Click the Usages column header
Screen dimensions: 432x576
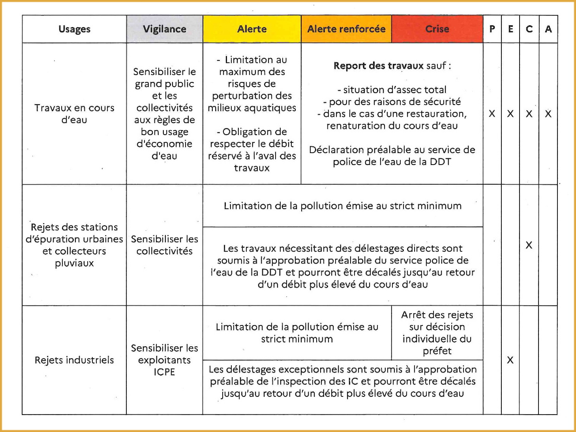74,29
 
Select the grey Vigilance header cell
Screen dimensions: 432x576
165,29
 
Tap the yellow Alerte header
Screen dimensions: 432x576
252,29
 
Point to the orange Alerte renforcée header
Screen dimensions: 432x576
346,29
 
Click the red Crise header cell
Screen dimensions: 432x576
437,29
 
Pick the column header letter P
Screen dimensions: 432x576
492,29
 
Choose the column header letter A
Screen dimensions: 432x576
548,29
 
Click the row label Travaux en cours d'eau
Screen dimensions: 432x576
74,114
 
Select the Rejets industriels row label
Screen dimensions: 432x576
74,360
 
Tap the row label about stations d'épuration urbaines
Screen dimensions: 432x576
74,245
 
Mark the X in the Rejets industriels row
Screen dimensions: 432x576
510,360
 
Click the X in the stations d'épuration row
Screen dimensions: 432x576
529,245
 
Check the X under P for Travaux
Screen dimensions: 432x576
492,114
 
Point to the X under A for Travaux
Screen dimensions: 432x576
548,114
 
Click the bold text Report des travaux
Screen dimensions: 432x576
378,65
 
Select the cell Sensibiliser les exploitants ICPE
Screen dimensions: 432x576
164,360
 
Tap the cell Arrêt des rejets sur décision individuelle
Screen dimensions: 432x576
437,333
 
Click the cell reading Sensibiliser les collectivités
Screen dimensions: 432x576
164,245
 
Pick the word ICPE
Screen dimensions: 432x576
164,372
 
